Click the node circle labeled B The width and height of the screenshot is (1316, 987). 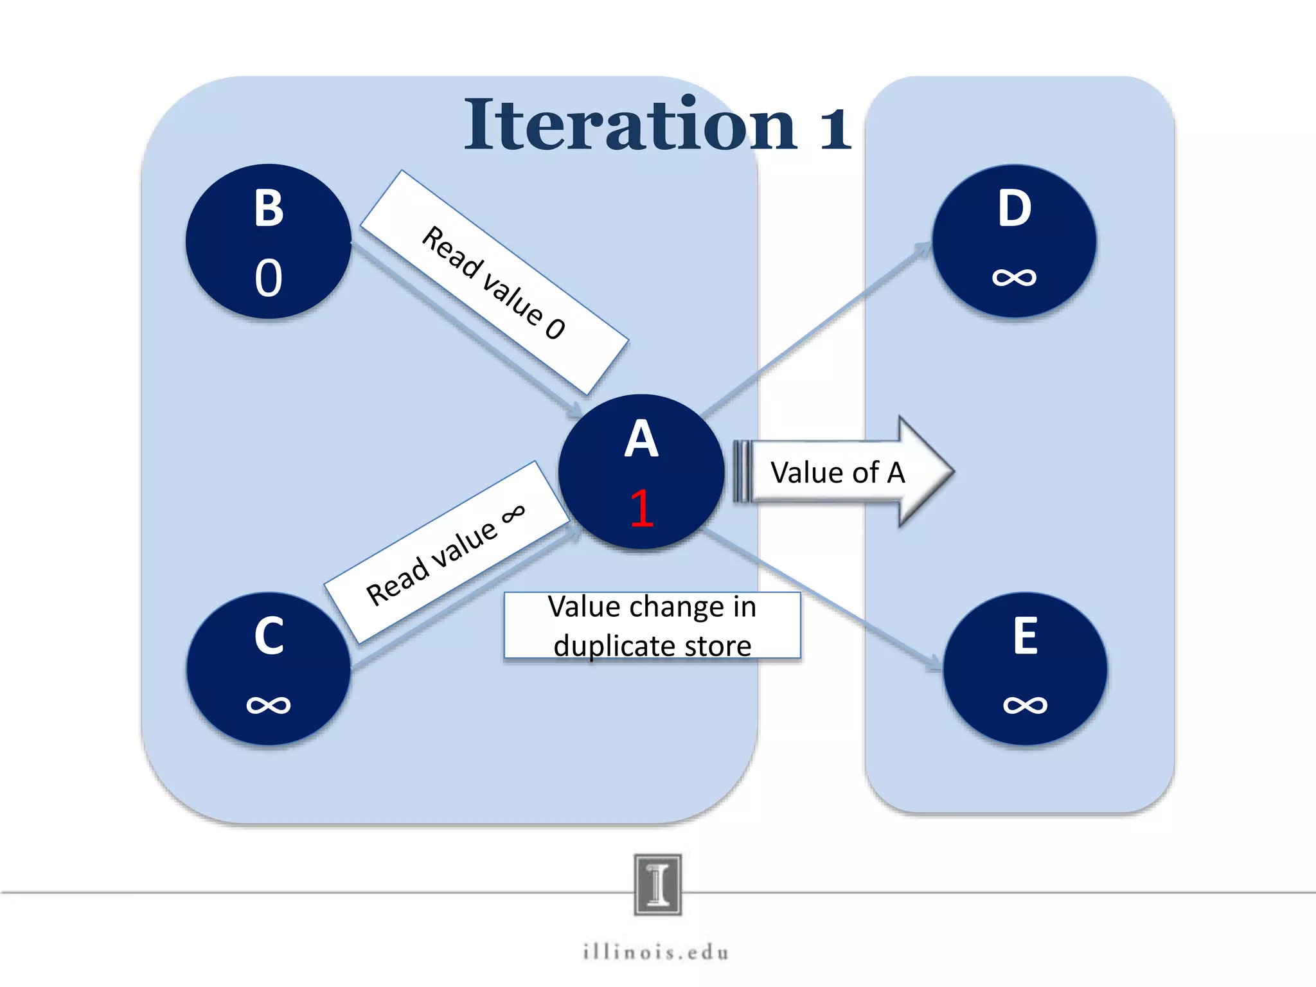269,241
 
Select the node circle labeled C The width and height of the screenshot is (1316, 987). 269,669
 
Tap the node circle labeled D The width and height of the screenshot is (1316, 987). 1014,241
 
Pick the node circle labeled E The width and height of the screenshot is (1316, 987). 1025,669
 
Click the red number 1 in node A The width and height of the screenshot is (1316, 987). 642,508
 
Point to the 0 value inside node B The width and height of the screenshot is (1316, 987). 269,278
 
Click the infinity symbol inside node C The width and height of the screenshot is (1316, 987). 269,705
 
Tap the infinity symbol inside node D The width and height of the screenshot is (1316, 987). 1014,278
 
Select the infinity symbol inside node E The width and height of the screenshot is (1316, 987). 1025,705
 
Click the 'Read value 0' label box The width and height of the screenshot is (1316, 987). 493,283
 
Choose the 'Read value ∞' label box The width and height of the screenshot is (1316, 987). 446,553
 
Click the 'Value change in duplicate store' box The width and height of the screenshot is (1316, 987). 652,626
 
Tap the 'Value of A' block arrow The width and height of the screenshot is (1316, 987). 842,472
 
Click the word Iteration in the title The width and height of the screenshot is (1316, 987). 630,125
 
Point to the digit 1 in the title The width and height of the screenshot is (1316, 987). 835,129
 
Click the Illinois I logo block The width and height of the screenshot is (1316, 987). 657,884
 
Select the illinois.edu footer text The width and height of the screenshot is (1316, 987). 656,952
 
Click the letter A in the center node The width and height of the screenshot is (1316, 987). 641,440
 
